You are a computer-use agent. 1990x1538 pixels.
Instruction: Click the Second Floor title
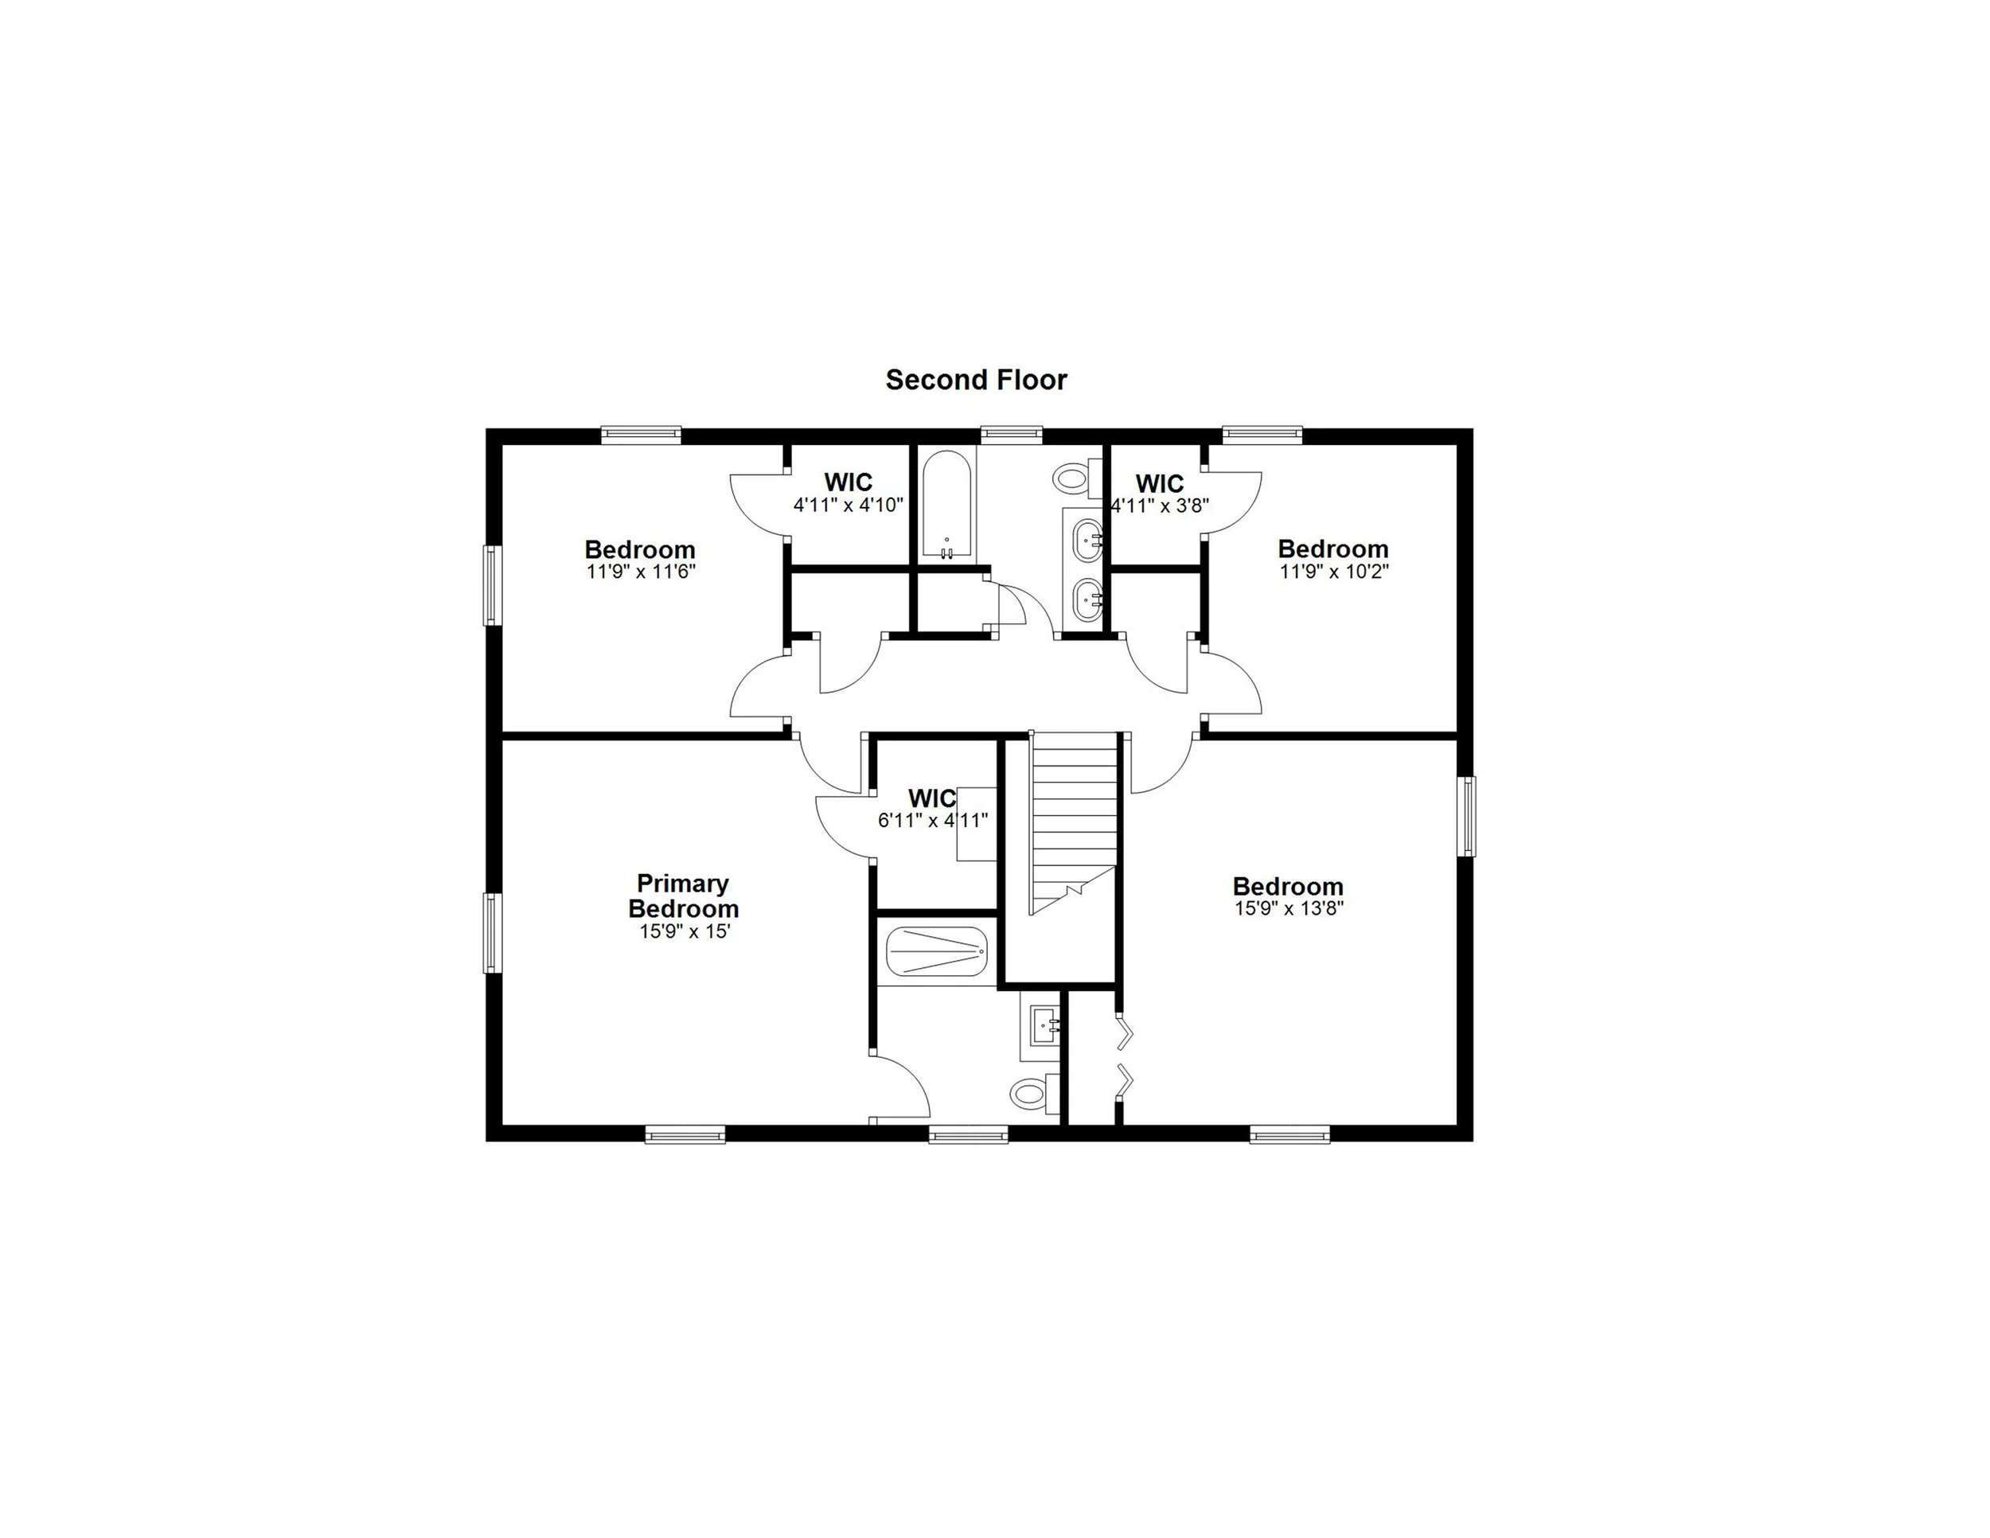click(976, 380)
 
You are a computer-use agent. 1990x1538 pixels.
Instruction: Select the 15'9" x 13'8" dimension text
click(1289, 908)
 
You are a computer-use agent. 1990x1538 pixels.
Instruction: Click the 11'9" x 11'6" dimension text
click(641, 572)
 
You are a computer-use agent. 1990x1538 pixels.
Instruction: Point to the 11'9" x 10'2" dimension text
click(1333, 572)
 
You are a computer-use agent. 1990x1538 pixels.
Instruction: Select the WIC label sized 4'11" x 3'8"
click(1159, 483)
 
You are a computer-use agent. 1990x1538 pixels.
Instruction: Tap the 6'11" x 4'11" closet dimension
click(932, 820)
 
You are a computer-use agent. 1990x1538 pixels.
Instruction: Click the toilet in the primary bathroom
click(1032, 1093)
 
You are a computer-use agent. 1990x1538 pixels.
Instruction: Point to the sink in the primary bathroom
click(1044, 1027)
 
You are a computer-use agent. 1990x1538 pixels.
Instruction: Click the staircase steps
click(1073, 820)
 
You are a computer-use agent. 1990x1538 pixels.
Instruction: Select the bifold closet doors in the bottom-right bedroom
click(1126, 1057)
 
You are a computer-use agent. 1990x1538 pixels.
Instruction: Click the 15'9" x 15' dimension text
click(685, 932)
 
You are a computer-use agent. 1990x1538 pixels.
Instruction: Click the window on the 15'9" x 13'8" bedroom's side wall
click(1466, 817)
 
